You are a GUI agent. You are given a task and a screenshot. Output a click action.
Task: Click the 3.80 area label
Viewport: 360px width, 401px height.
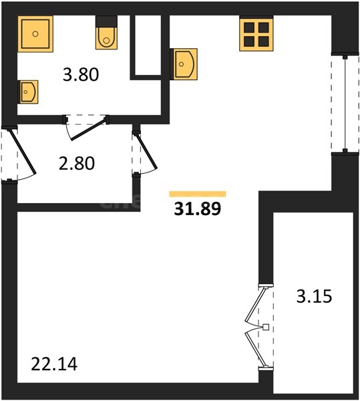click(x=81, y=75)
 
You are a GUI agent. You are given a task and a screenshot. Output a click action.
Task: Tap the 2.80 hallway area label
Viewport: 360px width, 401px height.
click(x=77, y=164)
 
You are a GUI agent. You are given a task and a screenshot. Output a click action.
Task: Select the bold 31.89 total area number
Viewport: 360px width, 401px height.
click(x=198, y=209)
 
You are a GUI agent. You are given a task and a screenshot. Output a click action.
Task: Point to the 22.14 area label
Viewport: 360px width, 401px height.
click(x=54, y=364)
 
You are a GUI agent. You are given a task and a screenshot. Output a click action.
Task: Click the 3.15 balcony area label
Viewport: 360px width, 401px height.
click(x=315, y=296)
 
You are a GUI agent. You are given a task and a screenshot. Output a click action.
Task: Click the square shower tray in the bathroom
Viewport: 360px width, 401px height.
click(x=35, y=34)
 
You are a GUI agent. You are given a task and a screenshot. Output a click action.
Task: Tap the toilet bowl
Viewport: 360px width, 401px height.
click(x=107, y=38)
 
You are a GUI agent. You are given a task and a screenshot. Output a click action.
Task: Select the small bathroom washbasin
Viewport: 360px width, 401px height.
click(x=28, y=92)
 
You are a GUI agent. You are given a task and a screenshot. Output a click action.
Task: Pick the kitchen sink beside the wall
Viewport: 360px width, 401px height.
click(x=184, y=64)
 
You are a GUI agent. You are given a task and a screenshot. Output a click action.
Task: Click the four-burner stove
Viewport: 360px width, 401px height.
click(x=256, y=33)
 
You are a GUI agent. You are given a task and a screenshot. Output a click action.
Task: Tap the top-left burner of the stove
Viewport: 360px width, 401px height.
click(x=249, y=27)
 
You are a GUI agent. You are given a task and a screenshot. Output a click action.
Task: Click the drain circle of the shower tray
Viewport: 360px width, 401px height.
click(x=35, y=34)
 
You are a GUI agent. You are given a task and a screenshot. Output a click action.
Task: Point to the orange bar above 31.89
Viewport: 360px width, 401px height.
click(x=198, y=194)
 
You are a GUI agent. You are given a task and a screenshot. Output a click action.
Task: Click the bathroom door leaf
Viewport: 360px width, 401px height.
click(x=88, y=130)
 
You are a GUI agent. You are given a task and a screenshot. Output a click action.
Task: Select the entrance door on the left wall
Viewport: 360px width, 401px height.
click(x=23, y=152)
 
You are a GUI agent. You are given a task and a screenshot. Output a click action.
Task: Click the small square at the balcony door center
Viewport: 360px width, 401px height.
click(x=266, y=327)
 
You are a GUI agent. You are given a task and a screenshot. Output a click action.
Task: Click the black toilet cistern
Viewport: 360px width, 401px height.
click(x=107, y=21)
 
